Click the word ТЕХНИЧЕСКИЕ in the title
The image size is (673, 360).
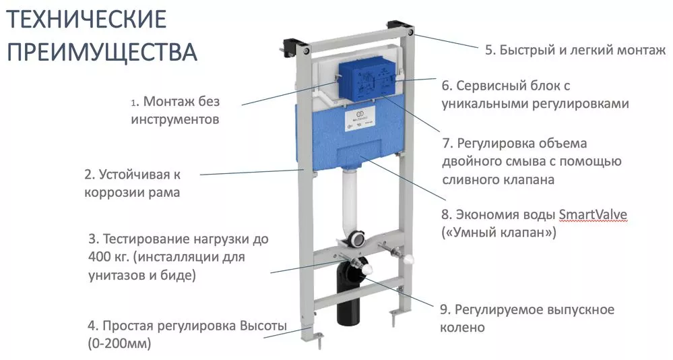click(x=87, y=20)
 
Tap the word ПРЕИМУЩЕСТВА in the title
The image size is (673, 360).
click(x=102, y=51)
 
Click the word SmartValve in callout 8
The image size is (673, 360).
click(x=593, y=214)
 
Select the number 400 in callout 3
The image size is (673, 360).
click(x=101, y=257)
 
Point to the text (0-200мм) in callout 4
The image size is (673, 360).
click(x=119, y=344)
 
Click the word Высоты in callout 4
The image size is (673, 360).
click(x=263, y=326)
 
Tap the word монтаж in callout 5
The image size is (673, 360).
click(x=641, y=51)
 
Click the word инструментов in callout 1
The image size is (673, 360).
click(x=175, y=119)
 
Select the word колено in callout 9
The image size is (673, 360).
click(x=462, y=328)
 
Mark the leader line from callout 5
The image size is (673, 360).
click(x=446, y=41)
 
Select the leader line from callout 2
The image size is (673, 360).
click(x=253, y=173)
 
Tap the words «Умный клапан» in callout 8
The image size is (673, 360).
click(x=499, y=233)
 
